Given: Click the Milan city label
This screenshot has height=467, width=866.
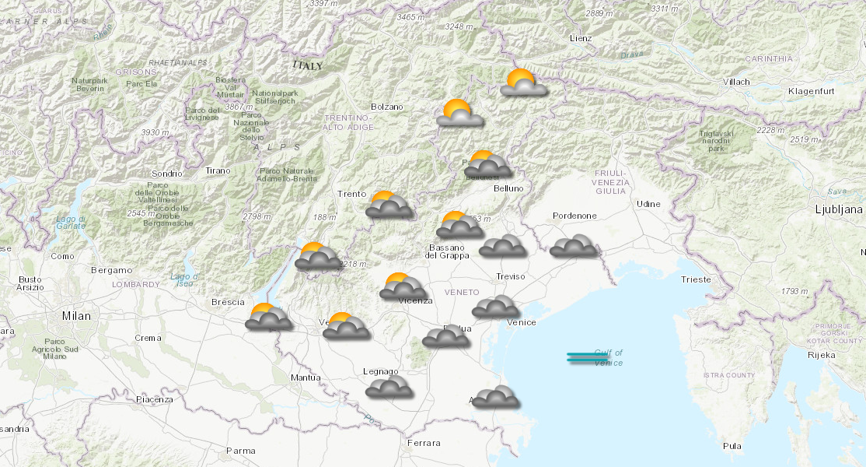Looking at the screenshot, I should tap(76, 316).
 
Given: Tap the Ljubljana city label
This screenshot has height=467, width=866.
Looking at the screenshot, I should tap(839, 209).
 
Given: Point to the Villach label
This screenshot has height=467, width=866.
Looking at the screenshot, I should tap(735, 82).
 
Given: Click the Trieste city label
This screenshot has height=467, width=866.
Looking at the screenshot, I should tap(695, 279).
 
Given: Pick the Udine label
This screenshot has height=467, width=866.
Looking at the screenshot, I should tap(648, 204).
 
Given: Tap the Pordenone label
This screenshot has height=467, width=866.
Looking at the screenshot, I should tap(574, 216).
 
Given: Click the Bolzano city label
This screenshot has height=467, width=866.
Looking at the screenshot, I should tap(387, 107).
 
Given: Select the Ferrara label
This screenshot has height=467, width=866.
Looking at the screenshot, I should tap(423, 443).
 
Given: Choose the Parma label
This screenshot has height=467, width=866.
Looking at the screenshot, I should tap(240, 451).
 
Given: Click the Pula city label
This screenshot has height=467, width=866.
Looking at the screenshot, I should tap(732, 446).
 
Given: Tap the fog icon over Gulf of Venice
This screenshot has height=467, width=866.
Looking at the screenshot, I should tap(588, 358).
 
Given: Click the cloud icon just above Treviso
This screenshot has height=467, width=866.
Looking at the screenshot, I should tap(501, 247).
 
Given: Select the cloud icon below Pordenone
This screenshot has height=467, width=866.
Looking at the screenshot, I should tap(573, 247).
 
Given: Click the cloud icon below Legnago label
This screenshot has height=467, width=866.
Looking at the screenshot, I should tap(389, 388).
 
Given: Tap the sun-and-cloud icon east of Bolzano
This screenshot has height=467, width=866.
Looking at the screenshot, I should tap(459, 114).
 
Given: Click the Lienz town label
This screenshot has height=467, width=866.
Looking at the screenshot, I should tap(580, 38).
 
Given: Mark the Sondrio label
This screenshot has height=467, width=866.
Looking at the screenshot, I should tap(166, 174).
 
